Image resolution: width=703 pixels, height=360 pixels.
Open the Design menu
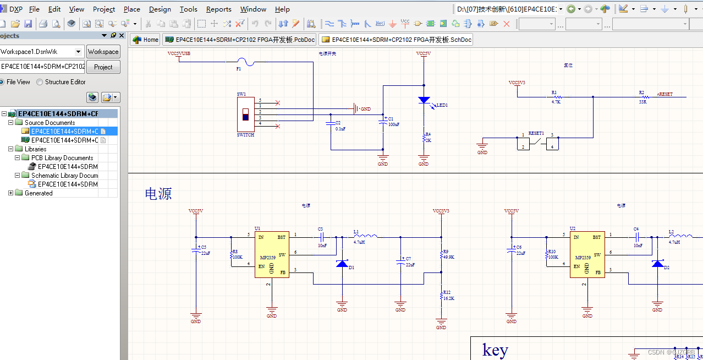tap(160, 9)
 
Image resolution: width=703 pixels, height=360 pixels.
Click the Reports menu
tap(218, 9)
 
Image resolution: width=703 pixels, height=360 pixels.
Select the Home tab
tap(146, 40)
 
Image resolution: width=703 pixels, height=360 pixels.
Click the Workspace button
tap(103, 52)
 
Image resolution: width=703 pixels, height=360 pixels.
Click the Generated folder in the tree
tap(39, 193)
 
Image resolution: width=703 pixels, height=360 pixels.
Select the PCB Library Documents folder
tap(62, 158)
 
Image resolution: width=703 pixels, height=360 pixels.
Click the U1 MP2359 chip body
tap(271, 254)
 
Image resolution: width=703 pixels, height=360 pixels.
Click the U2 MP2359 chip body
tap(587, 254)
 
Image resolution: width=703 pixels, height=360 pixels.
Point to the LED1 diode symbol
tap(424, 101)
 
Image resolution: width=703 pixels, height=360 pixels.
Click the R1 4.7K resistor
tap(556, 97)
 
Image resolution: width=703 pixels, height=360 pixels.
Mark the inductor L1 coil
tap(365, 236)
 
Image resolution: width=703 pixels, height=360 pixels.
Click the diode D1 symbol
tap(342, 264)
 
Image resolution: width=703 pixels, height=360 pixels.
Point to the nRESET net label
tap(665, 94)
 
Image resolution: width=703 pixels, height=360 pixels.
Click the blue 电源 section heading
tap(158, 194)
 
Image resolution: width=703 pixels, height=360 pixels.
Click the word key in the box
tap(495, 350)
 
